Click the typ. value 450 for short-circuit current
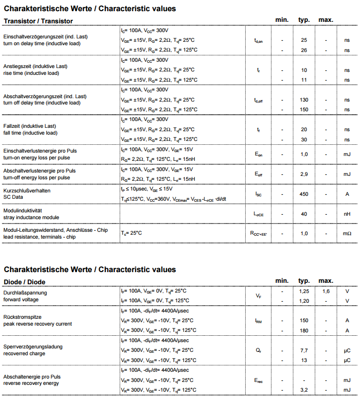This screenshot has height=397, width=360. click(x=304, y=194)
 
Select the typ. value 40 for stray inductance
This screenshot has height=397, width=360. click(x=304, y=214)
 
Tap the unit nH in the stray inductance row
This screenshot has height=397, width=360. click(x=347, y=214)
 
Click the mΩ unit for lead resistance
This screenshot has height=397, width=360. click(x=347, y=234)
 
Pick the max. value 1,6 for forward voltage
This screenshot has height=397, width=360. click(x=326, y=291)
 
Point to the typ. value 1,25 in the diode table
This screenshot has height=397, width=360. click(x=304, y=291)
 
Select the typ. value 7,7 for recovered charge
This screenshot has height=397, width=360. click(x=304, y=350)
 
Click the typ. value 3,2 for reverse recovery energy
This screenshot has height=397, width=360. click(x=304, y=390)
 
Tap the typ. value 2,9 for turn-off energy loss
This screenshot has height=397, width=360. click(x=304, y=174)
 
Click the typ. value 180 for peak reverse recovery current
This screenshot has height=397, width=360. click(x=304, y=330)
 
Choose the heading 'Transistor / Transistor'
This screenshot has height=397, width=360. click(x=38, y=21)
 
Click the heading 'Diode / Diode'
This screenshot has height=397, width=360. click(x=24, y=282)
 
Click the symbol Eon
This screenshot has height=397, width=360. click(x=258, y=155)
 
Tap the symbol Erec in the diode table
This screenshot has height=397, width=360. click(x=258, y=380)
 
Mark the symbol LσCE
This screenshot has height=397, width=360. click(x=258, y=214)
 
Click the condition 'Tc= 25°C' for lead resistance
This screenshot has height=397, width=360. click(x=131, y=233)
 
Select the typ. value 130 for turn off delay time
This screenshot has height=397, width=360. click(x=304, y=100)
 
